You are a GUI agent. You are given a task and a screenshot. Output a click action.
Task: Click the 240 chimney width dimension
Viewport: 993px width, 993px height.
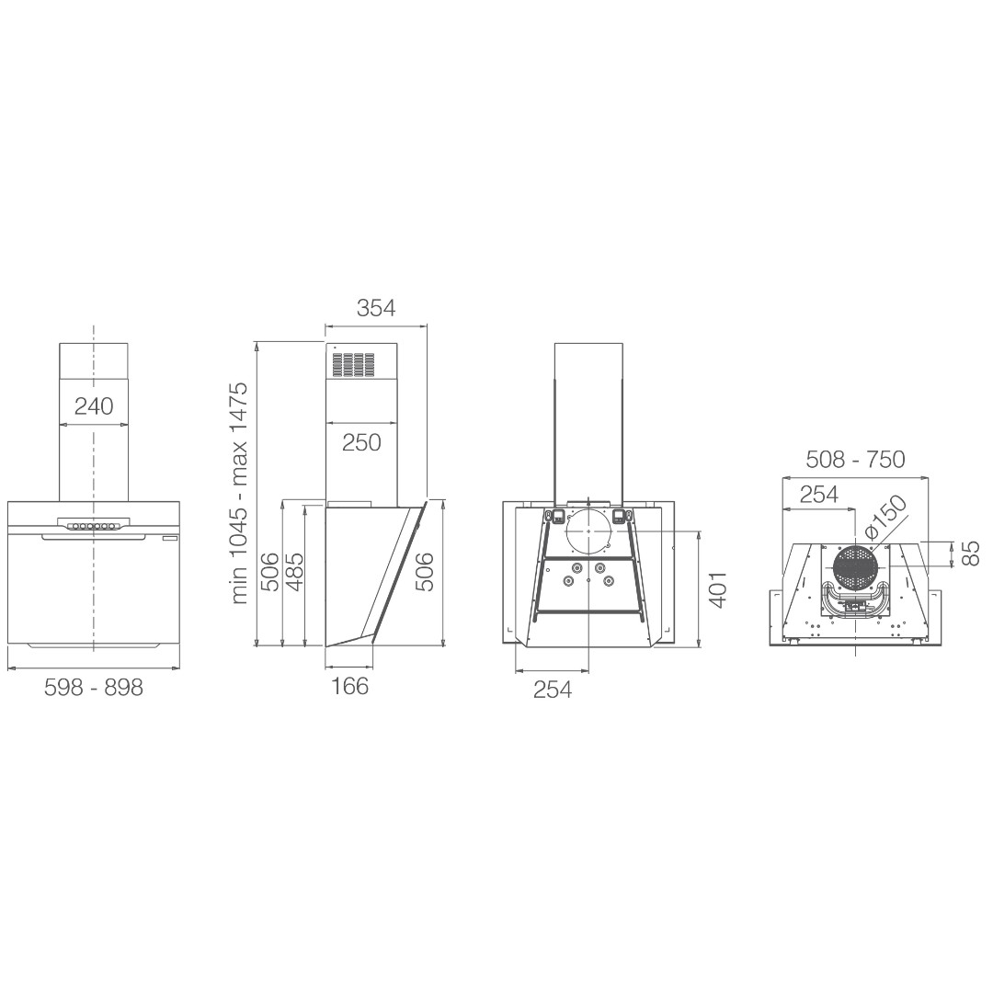pyautogui.click(x=94, y=406)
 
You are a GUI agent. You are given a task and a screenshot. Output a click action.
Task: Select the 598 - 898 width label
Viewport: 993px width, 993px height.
pyautogui.click(x=94, y=687)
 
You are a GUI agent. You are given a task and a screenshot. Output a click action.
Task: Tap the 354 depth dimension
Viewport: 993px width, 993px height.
pyautogui.click(x=375, y=308)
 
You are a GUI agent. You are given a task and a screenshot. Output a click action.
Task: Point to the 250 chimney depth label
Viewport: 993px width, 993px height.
pyautogui.click(x=361, y=442)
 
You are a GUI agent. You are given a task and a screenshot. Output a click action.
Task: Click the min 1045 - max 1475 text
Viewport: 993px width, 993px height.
pyautogui.click(x=240, y=493)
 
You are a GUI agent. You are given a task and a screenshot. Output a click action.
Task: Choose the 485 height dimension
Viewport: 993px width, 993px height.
pyautogui.click(x=294, y=573)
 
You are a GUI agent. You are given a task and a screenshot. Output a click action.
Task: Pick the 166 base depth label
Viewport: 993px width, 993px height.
pyautogui.click(x=349, y=686)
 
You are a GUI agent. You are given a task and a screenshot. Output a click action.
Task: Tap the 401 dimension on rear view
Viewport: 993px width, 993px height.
pyautogui.click(x=717, y=589)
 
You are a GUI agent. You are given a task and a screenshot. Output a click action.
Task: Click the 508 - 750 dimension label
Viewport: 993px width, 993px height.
pyautogui.click(x=855, y=459)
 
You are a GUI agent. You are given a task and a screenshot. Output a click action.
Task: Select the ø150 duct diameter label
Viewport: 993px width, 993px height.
pyautogui.click(x=885, y=518)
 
